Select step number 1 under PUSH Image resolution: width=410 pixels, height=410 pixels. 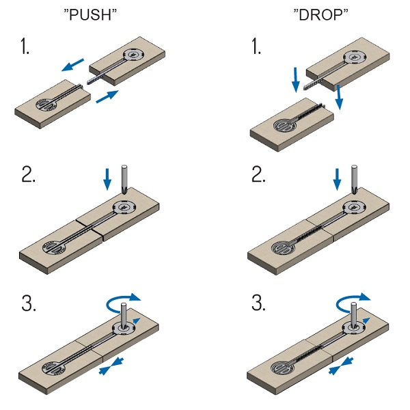click(25, 48)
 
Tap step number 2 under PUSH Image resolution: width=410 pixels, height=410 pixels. click(28, 174)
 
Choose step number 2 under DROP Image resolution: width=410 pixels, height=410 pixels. click(259, 174)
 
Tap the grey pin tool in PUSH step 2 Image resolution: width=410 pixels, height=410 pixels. click(124, 180)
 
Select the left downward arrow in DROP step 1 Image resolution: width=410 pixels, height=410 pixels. click(296, 80)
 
